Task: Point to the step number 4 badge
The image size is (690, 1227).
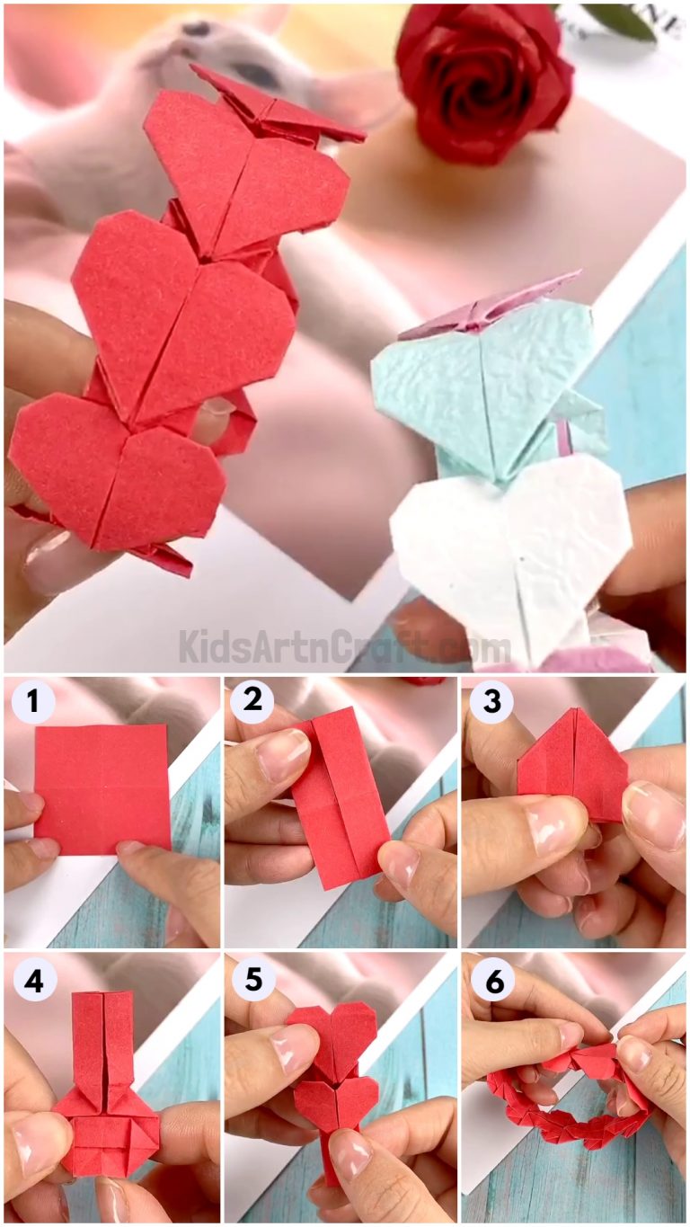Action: [33, 982]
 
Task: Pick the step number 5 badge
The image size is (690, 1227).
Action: [254, 981]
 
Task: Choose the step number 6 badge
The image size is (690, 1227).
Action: [491, 981]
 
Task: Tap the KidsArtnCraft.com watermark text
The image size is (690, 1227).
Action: [345, 646]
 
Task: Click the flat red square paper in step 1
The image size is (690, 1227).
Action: [102, 787]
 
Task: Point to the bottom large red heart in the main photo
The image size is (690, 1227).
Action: [117, 472]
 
